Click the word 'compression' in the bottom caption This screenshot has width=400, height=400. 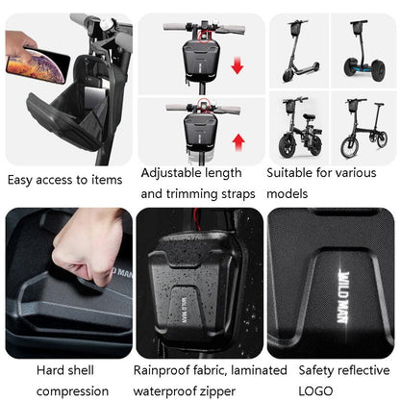tap(72, 390)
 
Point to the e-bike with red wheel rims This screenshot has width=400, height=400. tap(299, 129)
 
